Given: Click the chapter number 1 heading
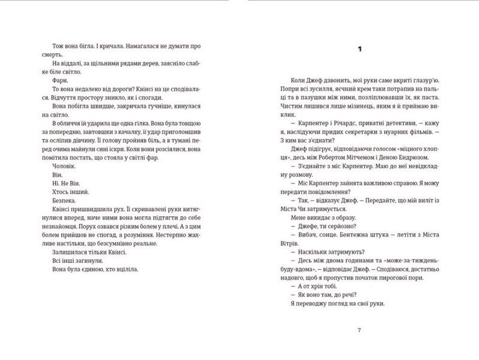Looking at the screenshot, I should click(360, 50).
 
